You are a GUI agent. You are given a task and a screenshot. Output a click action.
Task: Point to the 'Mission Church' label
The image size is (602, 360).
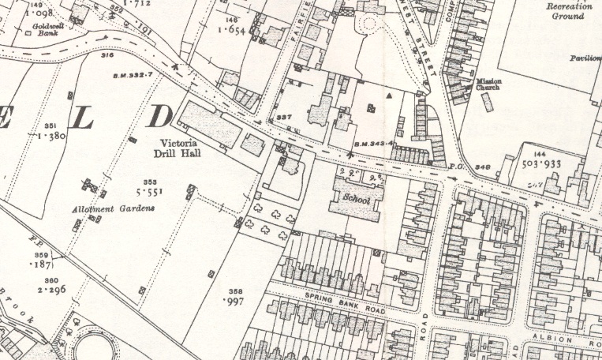coord(494,85)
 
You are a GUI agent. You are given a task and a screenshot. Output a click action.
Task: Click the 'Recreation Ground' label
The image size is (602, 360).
coord(570,10)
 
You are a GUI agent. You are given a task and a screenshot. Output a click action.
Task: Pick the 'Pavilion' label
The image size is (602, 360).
coord(585,58)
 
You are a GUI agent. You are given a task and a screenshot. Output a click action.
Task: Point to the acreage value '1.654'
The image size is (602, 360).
coord(235,29)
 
